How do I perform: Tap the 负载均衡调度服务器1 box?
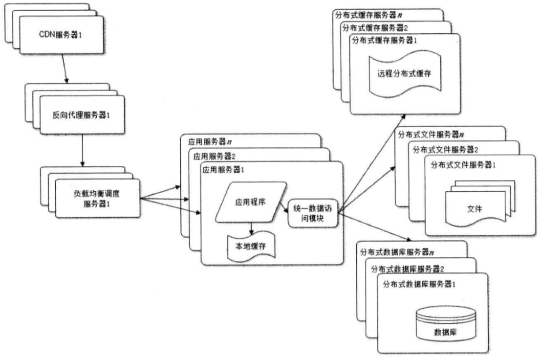click(x=98, y=198)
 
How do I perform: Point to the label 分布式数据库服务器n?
click(x=396, y=252)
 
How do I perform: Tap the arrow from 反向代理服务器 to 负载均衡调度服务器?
click(x=82, y=151)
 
